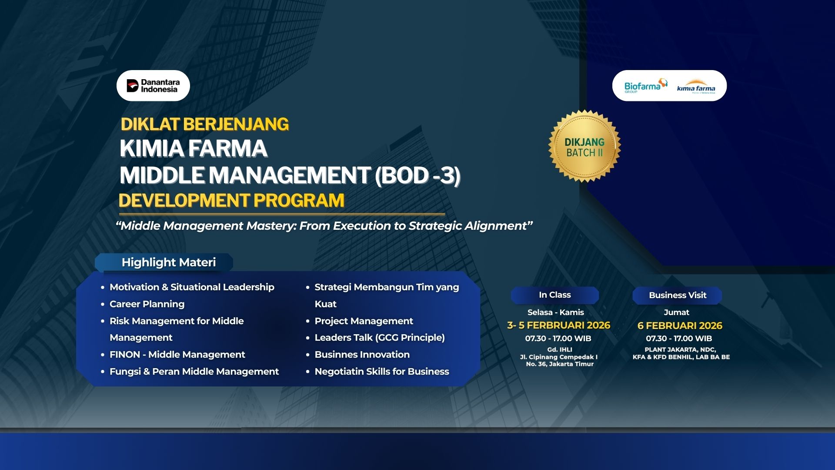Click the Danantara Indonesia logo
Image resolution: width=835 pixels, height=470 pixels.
(153, 86)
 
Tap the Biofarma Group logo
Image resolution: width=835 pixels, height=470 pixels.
(645, 86)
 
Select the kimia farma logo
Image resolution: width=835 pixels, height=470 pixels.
(696, 87)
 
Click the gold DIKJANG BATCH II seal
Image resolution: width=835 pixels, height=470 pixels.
(584, 146)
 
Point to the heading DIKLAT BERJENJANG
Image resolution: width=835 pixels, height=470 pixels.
(204, 124)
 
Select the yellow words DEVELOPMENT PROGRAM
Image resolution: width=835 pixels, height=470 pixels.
(231, 200)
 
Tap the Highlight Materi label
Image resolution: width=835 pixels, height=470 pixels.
(169, 262)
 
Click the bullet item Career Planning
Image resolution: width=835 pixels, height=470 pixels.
(147, 304)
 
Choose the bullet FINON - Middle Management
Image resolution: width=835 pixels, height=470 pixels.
(177, 355)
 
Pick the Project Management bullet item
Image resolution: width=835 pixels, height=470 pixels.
(364, 321)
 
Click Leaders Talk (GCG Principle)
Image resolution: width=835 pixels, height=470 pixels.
(380, 338)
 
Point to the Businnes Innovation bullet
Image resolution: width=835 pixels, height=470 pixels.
(362, 355)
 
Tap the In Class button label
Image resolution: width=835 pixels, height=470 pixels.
(555, 295)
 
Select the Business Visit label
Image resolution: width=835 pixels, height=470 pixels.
(678, 295)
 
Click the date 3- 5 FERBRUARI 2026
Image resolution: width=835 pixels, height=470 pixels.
(559, 326)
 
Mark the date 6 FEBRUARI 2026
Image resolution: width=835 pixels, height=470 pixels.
(680, 326)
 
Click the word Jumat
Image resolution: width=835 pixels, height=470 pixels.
(677, 312)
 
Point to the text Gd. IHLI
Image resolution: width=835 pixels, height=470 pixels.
(560, 349)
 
